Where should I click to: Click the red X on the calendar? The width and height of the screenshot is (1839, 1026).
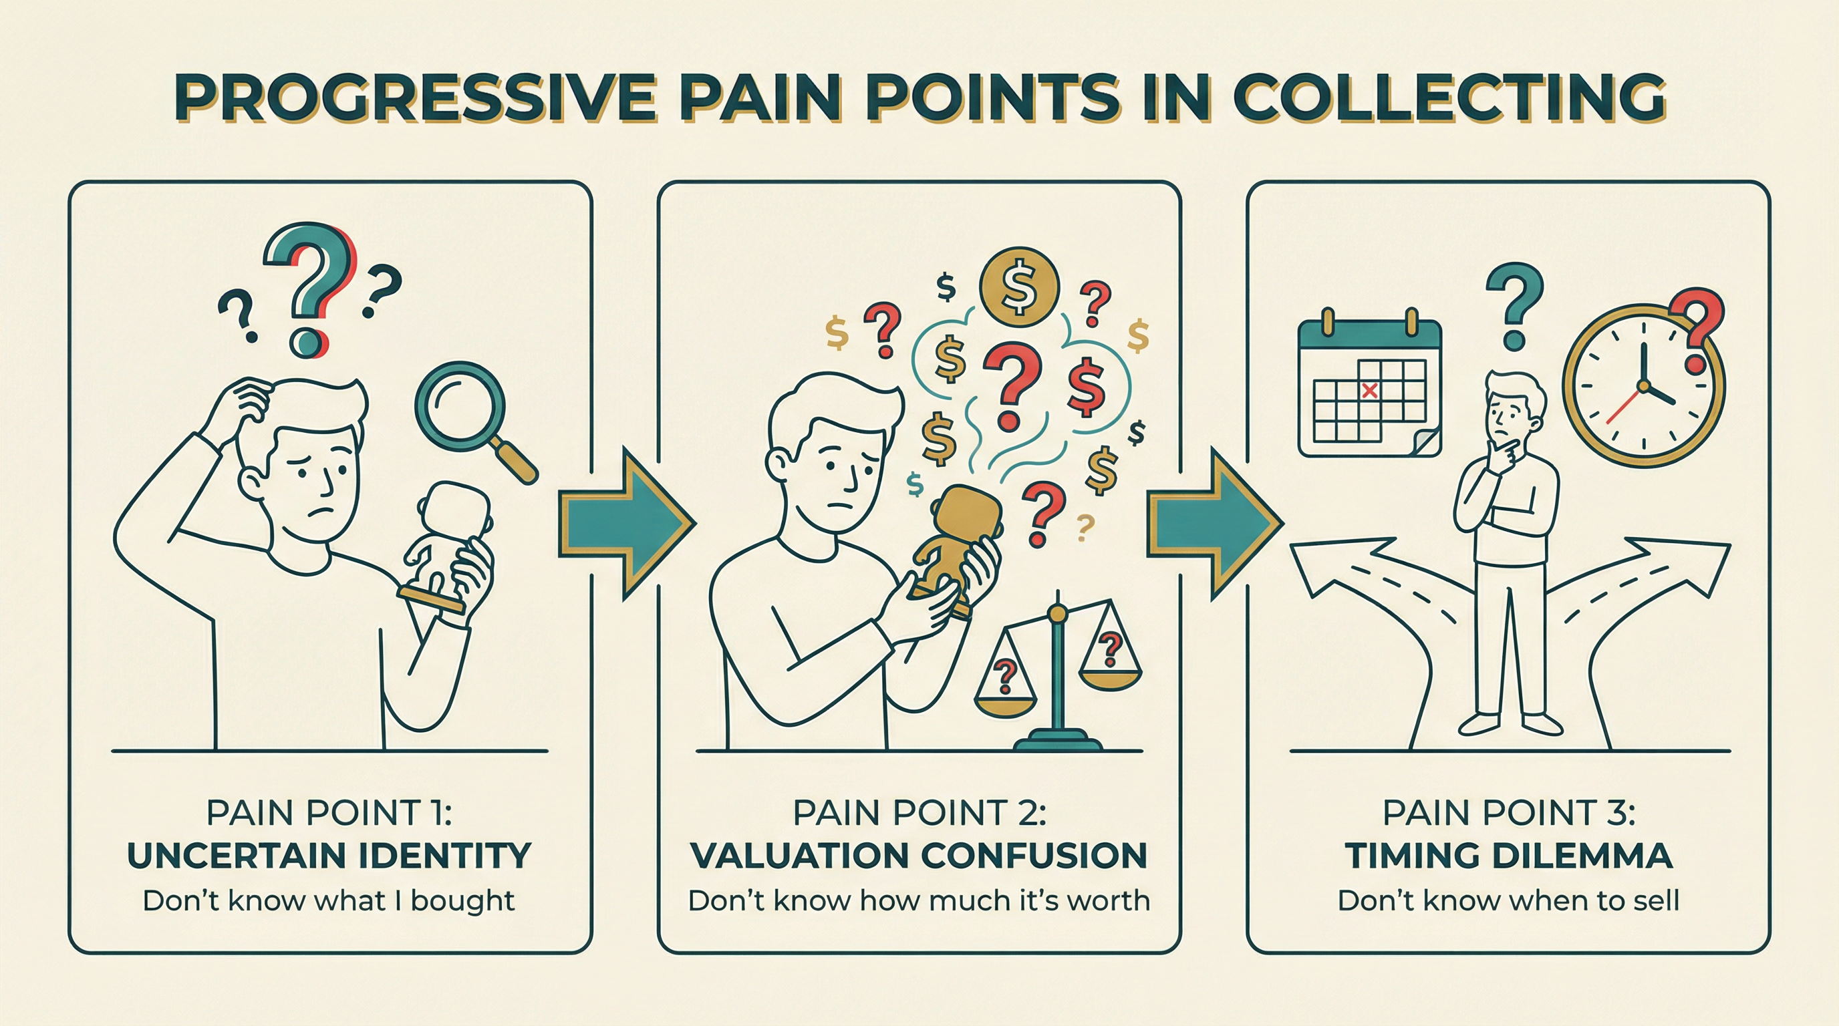click(1369, 389)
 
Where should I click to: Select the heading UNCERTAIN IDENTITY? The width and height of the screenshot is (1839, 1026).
click(329, 856)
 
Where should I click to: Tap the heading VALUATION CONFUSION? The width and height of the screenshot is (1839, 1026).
click(919, 856)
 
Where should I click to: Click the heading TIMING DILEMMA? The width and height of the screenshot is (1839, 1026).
click(1508, 856)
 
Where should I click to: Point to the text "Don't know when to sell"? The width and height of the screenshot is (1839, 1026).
click(1508, 900)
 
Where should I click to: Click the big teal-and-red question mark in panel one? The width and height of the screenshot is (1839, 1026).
click(311, 285)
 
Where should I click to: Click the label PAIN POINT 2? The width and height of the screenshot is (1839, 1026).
click(919, 812)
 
